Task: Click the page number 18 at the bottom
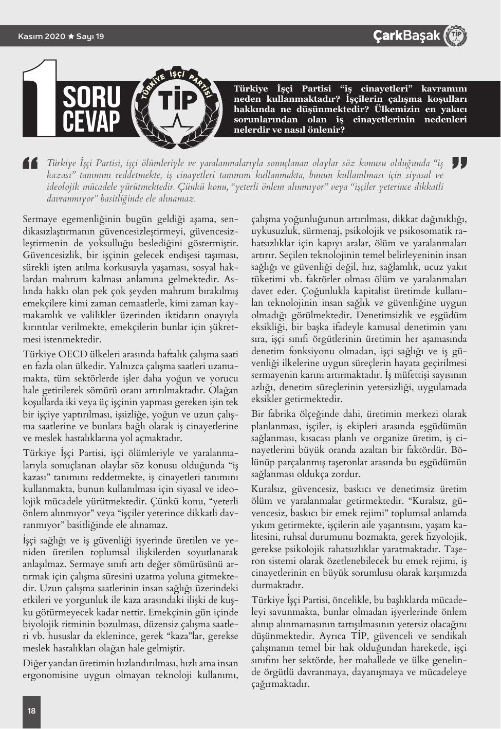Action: tap(31, 710)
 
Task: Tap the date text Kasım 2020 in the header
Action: tap(42, 37)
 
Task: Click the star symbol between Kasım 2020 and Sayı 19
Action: tap(71, 37)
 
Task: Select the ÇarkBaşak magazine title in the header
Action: tap(406, 35)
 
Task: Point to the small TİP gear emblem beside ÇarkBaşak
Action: tap(456, 35)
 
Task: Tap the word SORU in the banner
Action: tap(91, 96)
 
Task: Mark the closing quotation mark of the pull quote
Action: tap(459, 163)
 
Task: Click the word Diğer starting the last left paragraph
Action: tap(34, 663)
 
